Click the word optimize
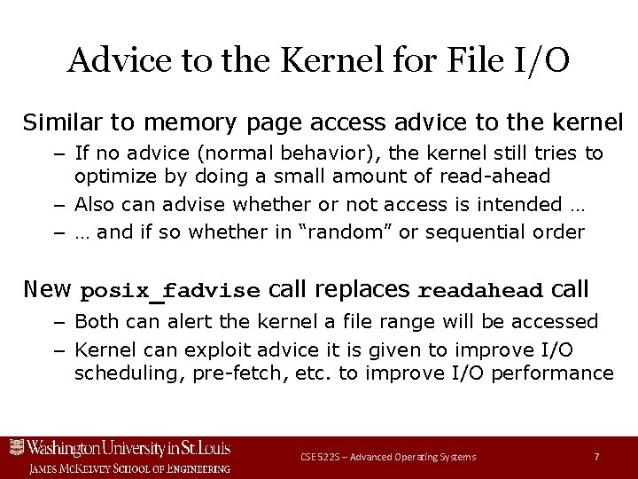point(113,175)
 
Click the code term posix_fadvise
point(170,291)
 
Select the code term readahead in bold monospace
point(479,291)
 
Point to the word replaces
point(362,289)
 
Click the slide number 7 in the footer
point(596,456)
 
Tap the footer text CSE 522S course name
point(387,456)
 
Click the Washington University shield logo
point(16,447)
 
